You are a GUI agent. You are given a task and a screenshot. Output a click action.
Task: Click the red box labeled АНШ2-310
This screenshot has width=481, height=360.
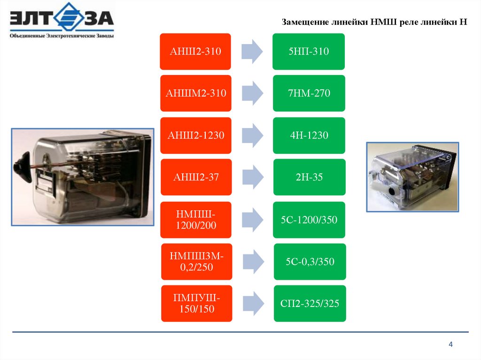pos(195,51)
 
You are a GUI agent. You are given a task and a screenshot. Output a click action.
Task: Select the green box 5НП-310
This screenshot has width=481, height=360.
pos(309,51)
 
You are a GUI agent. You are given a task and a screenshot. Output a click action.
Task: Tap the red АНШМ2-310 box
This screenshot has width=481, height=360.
pos(195,93)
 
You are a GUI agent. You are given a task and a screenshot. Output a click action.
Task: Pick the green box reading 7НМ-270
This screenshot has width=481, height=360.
pos(309,93)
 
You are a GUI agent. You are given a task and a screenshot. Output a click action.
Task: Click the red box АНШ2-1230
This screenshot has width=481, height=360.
pos(195,135)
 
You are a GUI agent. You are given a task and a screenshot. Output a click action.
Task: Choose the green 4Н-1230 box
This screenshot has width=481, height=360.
pos(309,135)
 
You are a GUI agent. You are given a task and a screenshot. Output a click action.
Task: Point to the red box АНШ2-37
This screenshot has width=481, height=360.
pos(196,177)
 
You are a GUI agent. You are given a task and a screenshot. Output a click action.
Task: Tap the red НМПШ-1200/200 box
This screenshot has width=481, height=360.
pos(196,219)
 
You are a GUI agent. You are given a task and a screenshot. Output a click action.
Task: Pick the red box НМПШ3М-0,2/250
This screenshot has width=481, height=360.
pos(196,261)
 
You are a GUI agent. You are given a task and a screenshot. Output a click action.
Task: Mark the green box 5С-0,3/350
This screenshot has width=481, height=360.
pos(310,261)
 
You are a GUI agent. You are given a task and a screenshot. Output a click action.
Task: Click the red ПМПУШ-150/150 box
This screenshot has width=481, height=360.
pos(196,303)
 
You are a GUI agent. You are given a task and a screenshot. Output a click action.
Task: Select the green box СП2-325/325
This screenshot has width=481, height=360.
pos(310,303)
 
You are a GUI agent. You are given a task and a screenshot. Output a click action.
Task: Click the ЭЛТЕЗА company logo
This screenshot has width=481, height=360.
pos(62,21)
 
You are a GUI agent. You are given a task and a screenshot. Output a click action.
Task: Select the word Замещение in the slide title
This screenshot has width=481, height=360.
pos(305,22)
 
